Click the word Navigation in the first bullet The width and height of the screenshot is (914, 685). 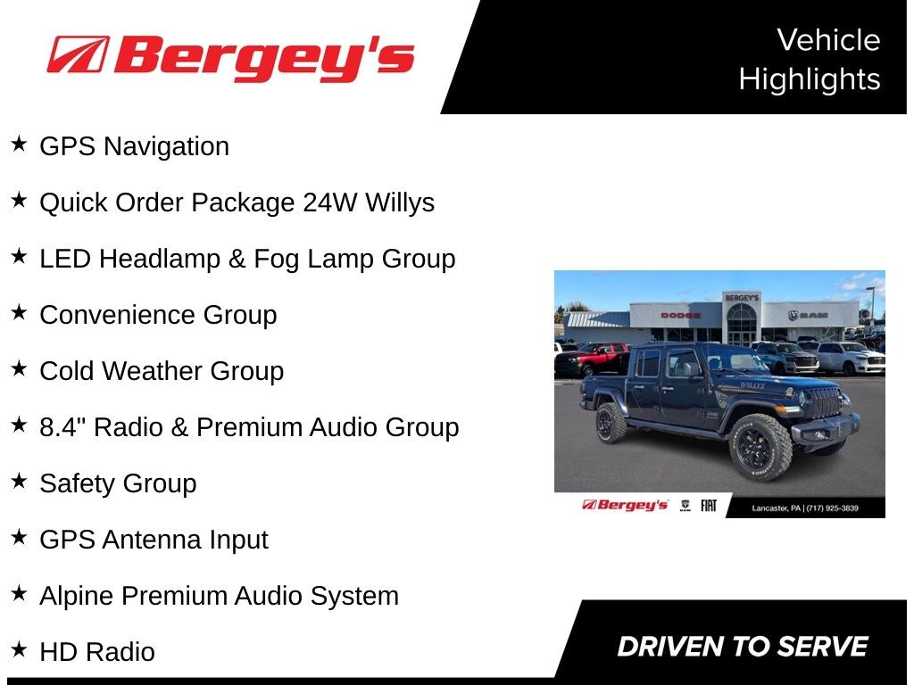(x=166, y=146)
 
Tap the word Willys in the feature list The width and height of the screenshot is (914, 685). (x=400, y=202)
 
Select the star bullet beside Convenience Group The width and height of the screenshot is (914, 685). (x=19, y=312)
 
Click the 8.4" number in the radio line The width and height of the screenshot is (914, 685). (x=63, y=426)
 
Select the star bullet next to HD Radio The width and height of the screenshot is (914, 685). (x=19, y=649)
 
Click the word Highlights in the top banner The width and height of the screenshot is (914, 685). (x=810, y=79)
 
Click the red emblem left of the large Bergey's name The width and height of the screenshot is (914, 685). (x=78, y=54)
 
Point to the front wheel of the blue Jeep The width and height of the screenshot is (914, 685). (x=760, y=447)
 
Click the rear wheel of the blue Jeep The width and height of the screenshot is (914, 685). (x=611, y=422)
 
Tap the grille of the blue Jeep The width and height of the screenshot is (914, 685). (x=822, y=402)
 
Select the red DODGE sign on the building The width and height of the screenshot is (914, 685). (x=680, y=316)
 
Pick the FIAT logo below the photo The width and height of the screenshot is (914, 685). (x=708, y=506)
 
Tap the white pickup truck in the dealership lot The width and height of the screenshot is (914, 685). (x=851, y=358)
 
